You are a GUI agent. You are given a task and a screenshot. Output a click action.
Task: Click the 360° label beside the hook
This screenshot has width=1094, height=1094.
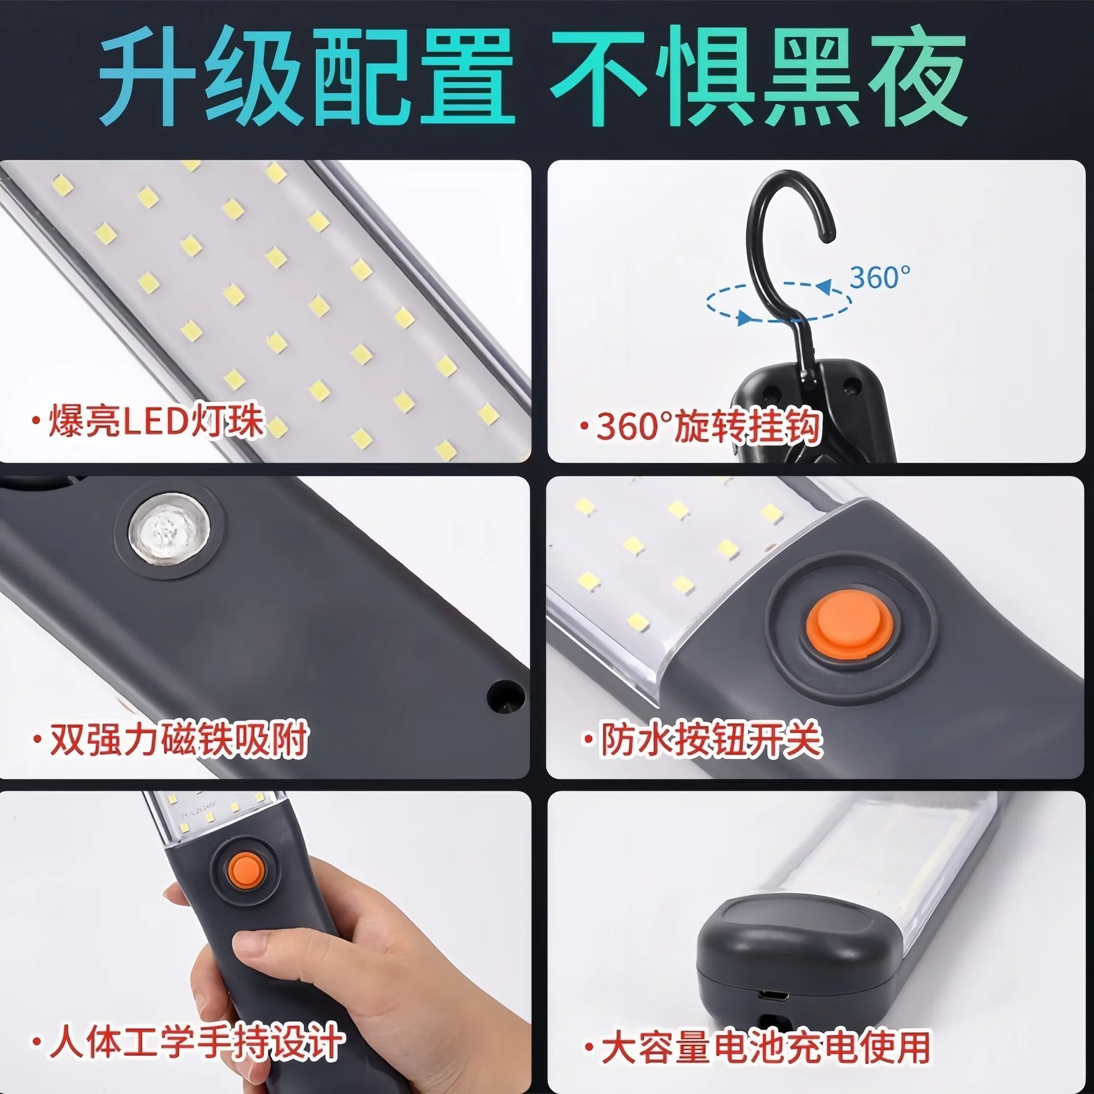(879, 277)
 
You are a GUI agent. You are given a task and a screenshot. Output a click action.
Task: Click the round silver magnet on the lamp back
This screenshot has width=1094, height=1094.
(169, 530)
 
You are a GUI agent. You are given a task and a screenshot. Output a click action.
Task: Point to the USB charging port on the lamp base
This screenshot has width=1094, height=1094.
(773, 1012)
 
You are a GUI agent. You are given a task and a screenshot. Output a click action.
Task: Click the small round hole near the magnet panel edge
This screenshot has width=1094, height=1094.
(505, 695)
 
